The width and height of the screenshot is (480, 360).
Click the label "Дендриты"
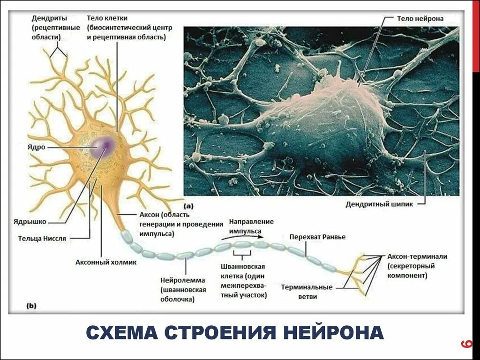point(49,18)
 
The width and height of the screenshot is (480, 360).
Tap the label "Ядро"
point(37,147)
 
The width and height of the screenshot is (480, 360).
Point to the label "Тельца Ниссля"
point(42,238)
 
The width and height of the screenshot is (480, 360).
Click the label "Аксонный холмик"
point(106,262)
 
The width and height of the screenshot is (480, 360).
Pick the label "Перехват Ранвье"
point(317,237)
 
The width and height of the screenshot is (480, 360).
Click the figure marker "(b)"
point(31,306)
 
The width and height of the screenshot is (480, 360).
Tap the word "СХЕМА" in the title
point(121,332)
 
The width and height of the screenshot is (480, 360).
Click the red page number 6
point(466,345)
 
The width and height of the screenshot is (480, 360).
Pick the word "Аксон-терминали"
point(417,256)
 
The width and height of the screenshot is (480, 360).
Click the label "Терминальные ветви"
point(307,292)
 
